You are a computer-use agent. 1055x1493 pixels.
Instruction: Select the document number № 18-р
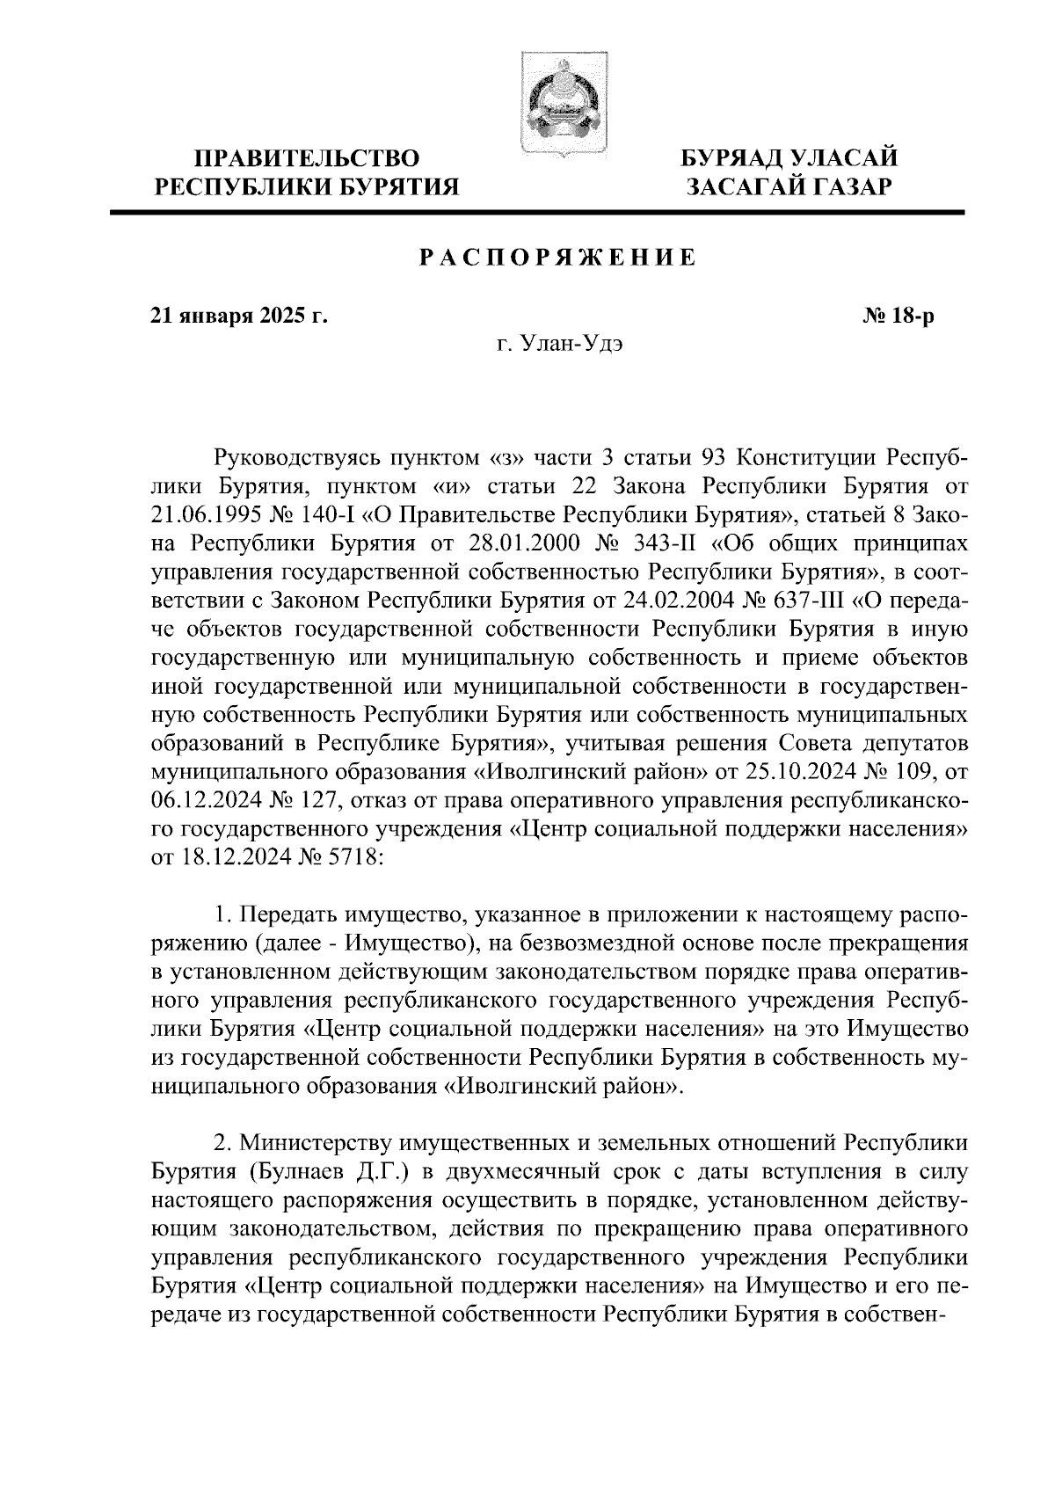[x=898, y=317]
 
